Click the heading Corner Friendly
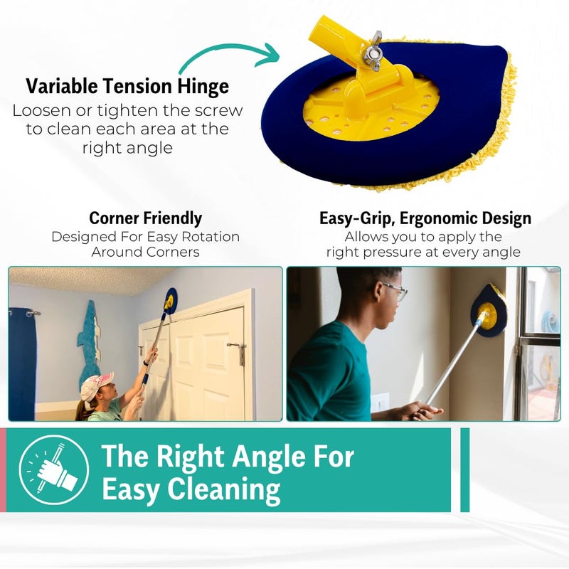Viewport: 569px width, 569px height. [x=145, y=218]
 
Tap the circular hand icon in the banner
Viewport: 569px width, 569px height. [x=54, y=469]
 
